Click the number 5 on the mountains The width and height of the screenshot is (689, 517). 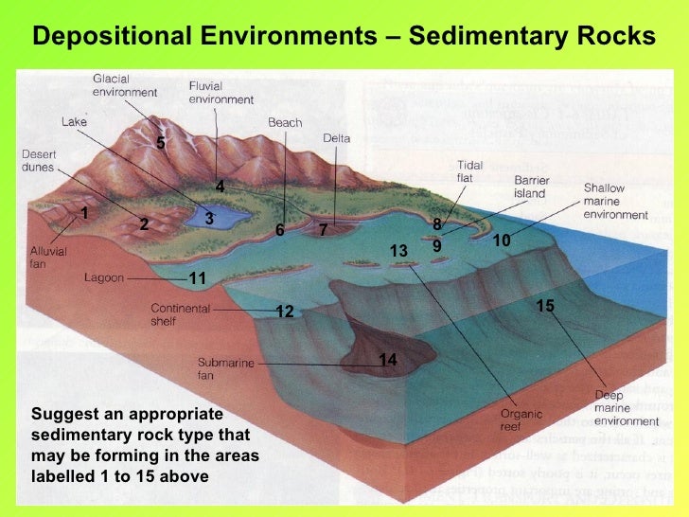(x=161, y=143)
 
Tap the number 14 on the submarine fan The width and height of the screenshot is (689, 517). (x=388, y=360)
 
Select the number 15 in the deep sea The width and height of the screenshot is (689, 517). (x=545, y=306)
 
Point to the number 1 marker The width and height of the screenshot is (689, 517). (x=84, y=213)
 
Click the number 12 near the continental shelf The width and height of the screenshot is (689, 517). (x=285, y=312)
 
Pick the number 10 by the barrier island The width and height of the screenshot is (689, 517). (x=501, y=241)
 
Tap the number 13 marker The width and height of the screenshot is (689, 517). (x=398, y=251)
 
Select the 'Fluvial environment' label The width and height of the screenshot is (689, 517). (x=221, y=93)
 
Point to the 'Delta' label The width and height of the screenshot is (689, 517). (x=336, y=138)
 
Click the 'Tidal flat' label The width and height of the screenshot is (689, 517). (x=470, y=170)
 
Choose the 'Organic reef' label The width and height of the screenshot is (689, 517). (x=519, y=419)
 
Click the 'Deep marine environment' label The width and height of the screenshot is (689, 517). (x=626, y=407)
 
